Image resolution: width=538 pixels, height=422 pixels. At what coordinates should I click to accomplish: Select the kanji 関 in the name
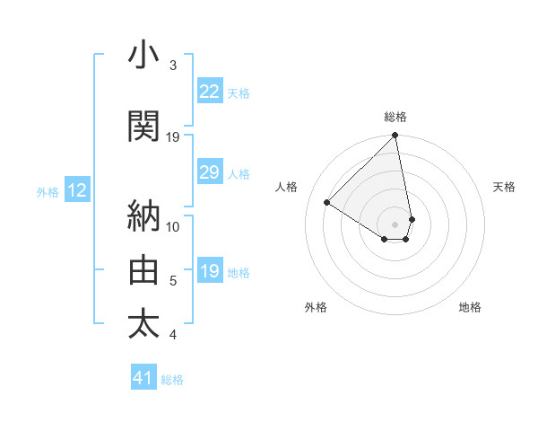point(144,127)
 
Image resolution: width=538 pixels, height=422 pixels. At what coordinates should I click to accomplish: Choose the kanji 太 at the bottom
point(144,323)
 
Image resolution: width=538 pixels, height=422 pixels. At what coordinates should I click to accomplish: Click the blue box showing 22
point(210,91)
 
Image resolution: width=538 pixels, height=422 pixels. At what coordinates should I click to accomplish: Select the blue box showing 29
point(210,172)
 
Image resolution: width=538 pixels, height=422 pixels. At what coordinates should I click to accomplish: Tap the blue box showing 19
point(210,271)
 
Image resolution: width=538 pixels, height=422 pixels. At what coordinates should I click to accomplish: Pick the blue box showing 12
point(76,190)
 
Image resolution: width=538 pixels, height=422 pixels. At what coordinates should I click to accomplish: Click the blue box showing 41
point(144,378)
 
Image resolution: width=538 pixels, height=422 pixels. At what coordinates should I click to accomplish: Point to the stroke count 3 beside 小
point(173,66)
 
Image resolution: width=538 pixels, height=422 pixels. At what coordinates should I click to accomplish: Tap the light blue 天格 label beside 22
point(239,92)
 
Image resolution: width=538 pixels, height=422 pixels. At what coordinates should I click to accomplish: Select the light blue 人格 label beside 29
point(239,174)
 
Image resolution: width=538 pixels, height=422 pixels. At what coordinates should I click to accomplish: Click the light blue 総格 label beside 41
point(172,380)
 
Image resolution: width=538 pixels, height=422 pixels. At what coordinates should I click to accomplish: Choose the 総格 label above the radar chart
point(395,117)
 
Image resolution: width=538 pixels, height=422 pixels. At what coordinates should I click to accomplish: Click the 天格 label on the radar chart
point(504,187)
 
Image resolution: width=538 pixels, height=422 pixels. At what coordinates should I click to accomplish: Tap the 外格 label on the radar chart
point(316,307)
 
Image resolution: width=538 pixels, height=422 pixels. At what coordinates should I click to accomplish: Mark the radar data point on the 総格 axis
point(395,136)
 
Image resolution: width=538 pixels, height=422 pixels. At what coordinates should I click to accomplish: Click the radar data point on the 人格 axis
point(327,202)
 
